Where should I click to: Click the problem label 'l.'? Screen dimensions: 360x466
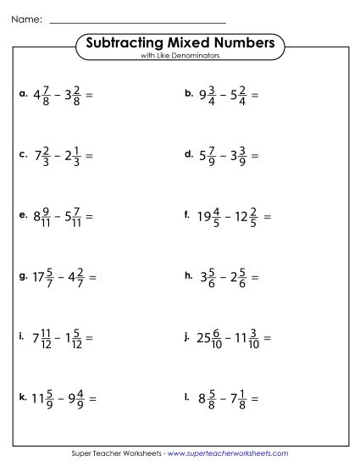(x=187, y=397)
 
